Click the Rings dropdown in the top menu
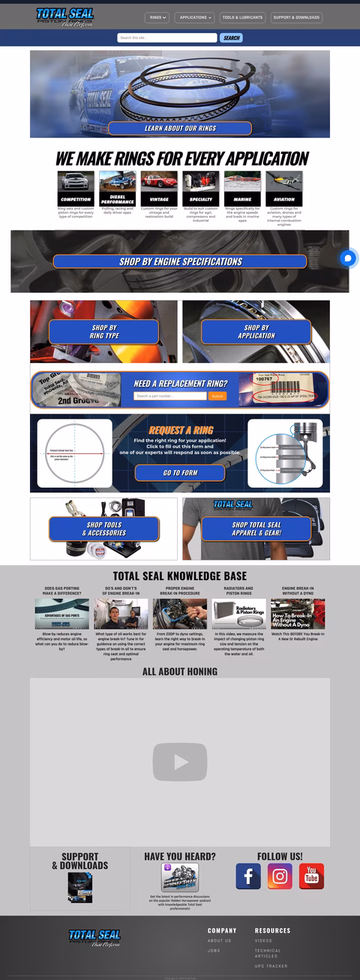click(156, 17)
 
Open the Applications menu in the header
click(196, 17)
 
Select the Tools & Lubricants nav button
click(242, 17)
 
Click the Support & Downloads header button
click(296, 17)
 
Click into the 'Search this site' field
click(166, 38)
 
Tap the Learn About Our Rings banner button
click(180, 128)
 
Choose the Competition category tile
click(76, 188)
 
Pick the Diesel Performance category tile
click(118, 188)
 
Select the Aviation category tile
click(284, 188)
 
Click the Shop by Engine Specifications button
click(180, 262)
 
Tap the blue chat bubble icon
click(348, 258)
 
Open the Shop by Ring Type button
click(104, 332)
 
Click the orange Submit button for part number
click(217, 396)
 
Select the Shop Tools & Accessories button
click(104, 528)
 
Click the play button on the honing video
click(180, 762)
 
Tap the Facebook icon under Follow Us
click(248, 876)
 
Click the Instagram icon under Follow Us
click(280, 876)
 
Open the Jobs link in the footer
click(214, 951)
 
